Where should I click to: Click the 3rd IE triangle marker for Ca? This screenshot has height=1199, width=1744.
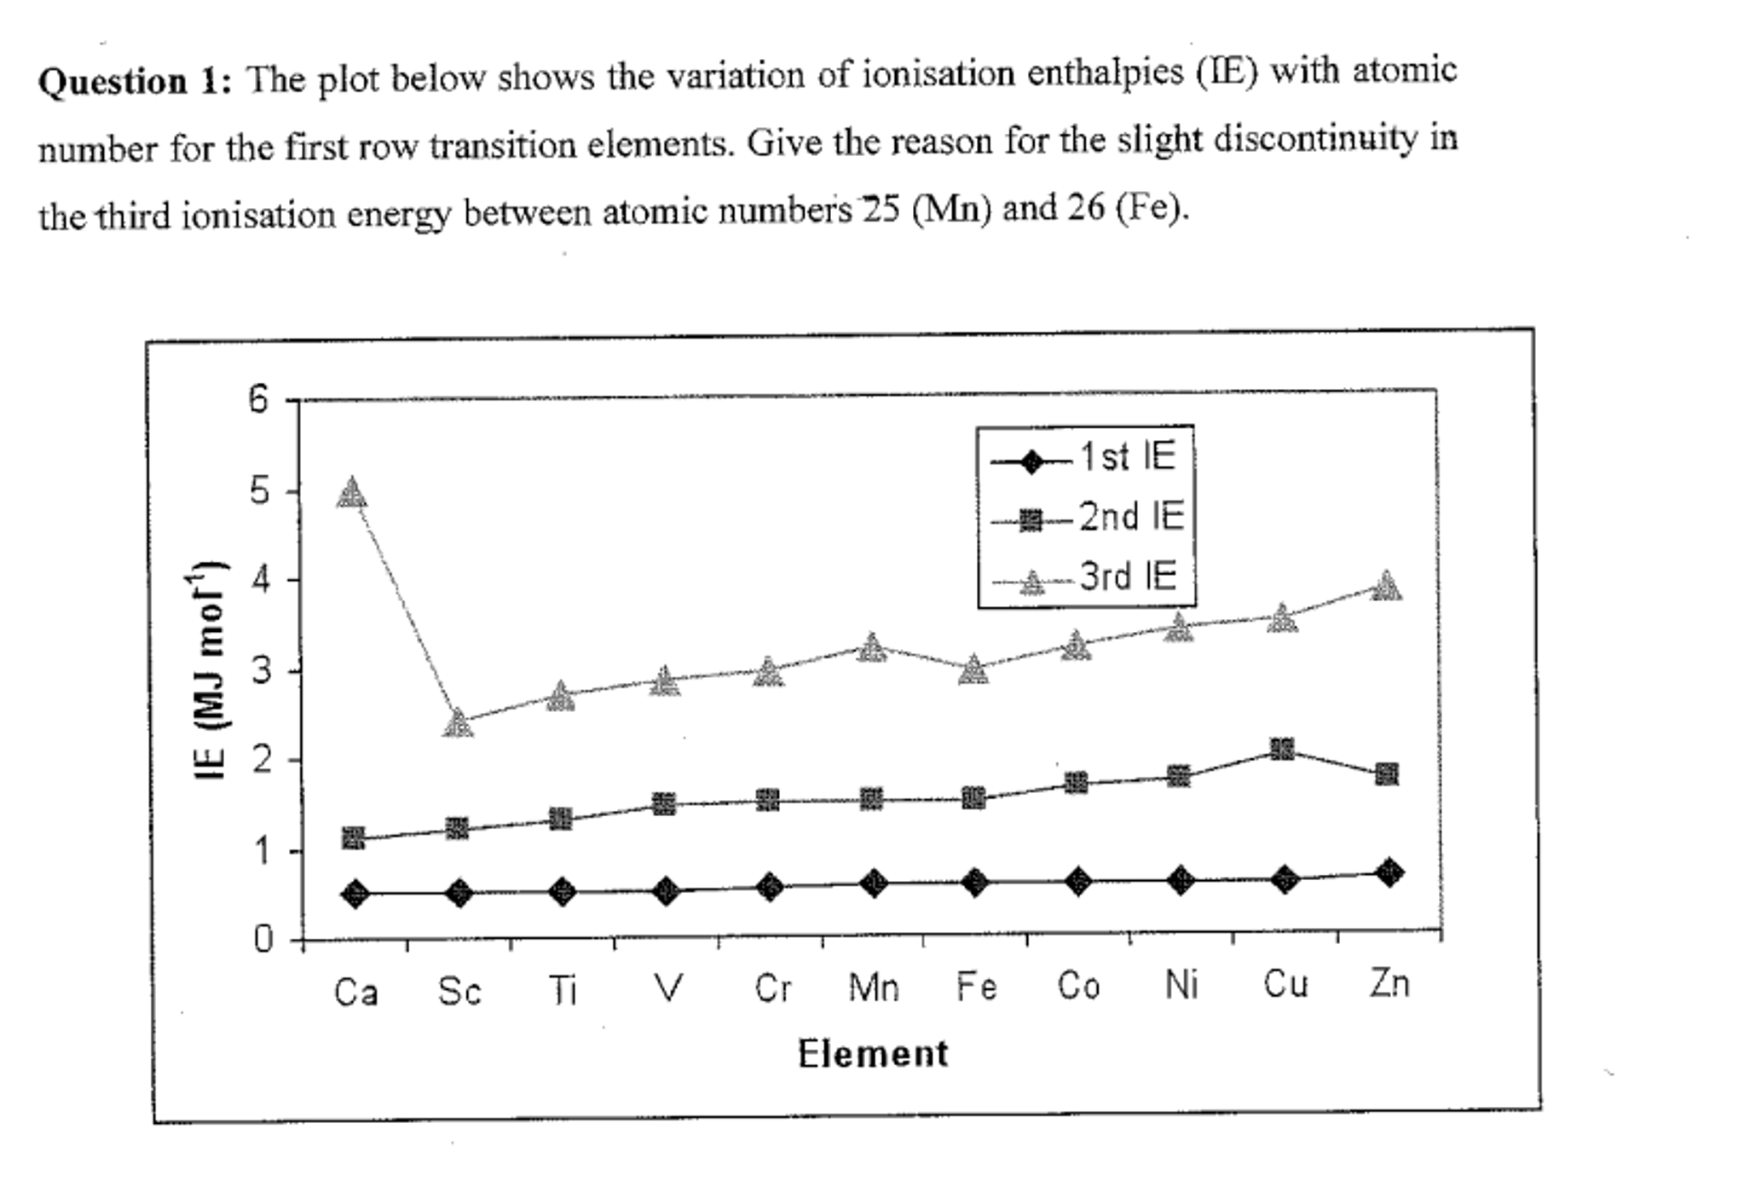[x=351, y=494]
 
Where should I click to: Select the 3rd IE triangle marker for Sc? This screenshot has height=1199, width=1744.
[x=458, y=723]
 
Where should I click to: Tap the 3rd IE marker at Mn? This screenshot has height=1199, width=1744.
[x=870, y=648]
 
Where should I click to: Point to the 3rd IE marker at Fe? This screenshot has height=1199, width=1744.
[x=973, y=671]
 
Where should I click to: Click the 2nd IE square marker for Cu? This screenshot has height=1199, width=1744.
[x=1282, y=750]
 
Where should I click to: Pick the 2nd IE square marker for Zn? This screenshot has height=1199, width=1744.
[x=1386, y=774]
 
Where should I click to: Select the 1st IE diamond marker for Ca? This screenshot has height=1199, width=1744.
[x=355, y=894]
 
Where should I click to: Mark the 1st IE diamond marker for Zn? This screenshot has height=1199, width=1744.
[x=1389, y=872]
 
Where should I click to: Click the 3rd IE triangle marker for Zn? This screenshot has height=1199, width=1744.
[x=1386, y=587]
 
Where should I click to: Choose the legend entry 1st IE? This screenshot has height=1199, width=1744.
[x=1127, y=457]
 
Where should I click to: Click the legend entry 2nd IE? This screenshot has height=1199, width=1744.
[x=1130, y=517]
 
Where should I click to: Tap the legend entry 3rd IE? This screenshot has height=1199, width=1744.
[x=1127, y=576]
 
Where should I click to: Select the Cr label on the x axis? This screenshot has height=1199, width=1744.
[x=772, y=988]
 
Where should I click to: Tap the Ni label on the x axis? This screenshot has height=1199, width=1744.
[x=1181, y=986]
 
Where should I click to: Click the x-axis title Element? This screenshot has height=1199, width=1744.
[x=872, y=1054]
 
